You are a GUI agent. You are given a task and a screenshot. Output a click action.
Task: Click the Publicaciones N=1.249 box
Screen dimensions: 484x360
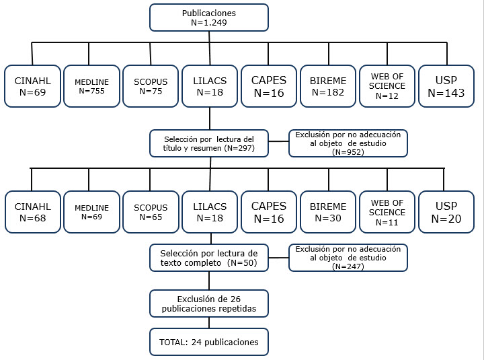209,17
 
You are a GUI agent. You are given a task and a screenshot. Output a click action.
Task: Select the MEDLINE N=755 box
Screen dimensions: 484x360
91,86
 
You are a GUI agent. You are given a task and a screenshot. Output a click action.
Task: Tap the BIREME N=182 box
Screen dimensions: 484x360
328,86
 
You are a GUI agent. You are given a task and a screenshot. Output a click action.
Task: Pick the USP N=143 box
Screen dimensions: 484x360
446,86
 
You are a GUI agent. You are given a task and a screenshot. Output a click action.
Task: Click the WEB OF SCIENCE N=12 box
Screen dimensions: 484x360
387,86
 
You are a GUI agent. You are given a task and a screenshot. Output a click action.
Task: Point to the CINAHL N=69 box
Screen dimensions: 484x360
32,86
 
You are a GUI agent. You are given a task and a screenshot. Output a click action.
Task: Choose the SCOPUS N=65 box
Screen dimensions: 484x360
151,212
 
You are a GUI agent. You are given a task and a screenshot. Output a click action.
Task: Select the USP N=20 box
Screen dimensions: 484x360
446,212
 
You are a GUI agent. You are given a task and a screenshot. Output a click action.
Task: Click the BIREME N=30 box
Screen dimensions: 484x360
328,212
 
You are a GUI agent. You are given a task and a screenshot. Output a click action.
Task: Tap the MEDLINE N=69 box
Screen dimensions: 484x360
91,212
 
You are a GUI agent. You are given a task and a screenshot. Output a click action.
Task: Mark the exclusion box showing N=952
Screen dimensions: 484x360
348,143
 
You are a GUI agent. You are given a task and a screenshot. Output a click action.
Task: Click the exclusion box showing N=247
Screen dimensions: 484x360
348,258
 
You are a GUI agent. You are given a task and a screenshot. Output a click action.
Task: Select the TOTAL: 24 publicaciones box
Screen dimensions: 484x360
209,342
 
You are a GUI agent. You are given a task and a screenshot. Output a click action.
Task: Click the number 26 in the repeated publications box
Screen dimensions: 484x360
235,299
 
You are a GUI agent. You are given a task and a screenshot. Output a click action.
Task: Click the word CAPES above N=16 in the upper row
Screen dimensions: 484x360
269,80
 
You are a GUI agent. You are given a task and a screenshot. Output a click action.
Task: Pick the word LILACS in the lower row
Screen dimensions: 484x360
210,207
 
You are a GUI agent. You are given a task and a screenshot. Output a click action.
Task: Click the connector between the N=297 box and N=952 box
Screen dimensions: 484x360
278,141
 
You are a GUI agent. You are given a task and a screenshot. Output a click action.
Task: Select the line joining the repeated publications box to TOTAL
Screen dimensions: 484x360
209,322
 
